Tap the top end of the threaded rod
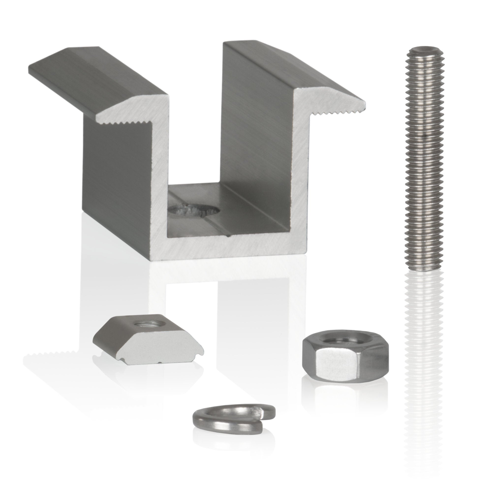tap(424, 50)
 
